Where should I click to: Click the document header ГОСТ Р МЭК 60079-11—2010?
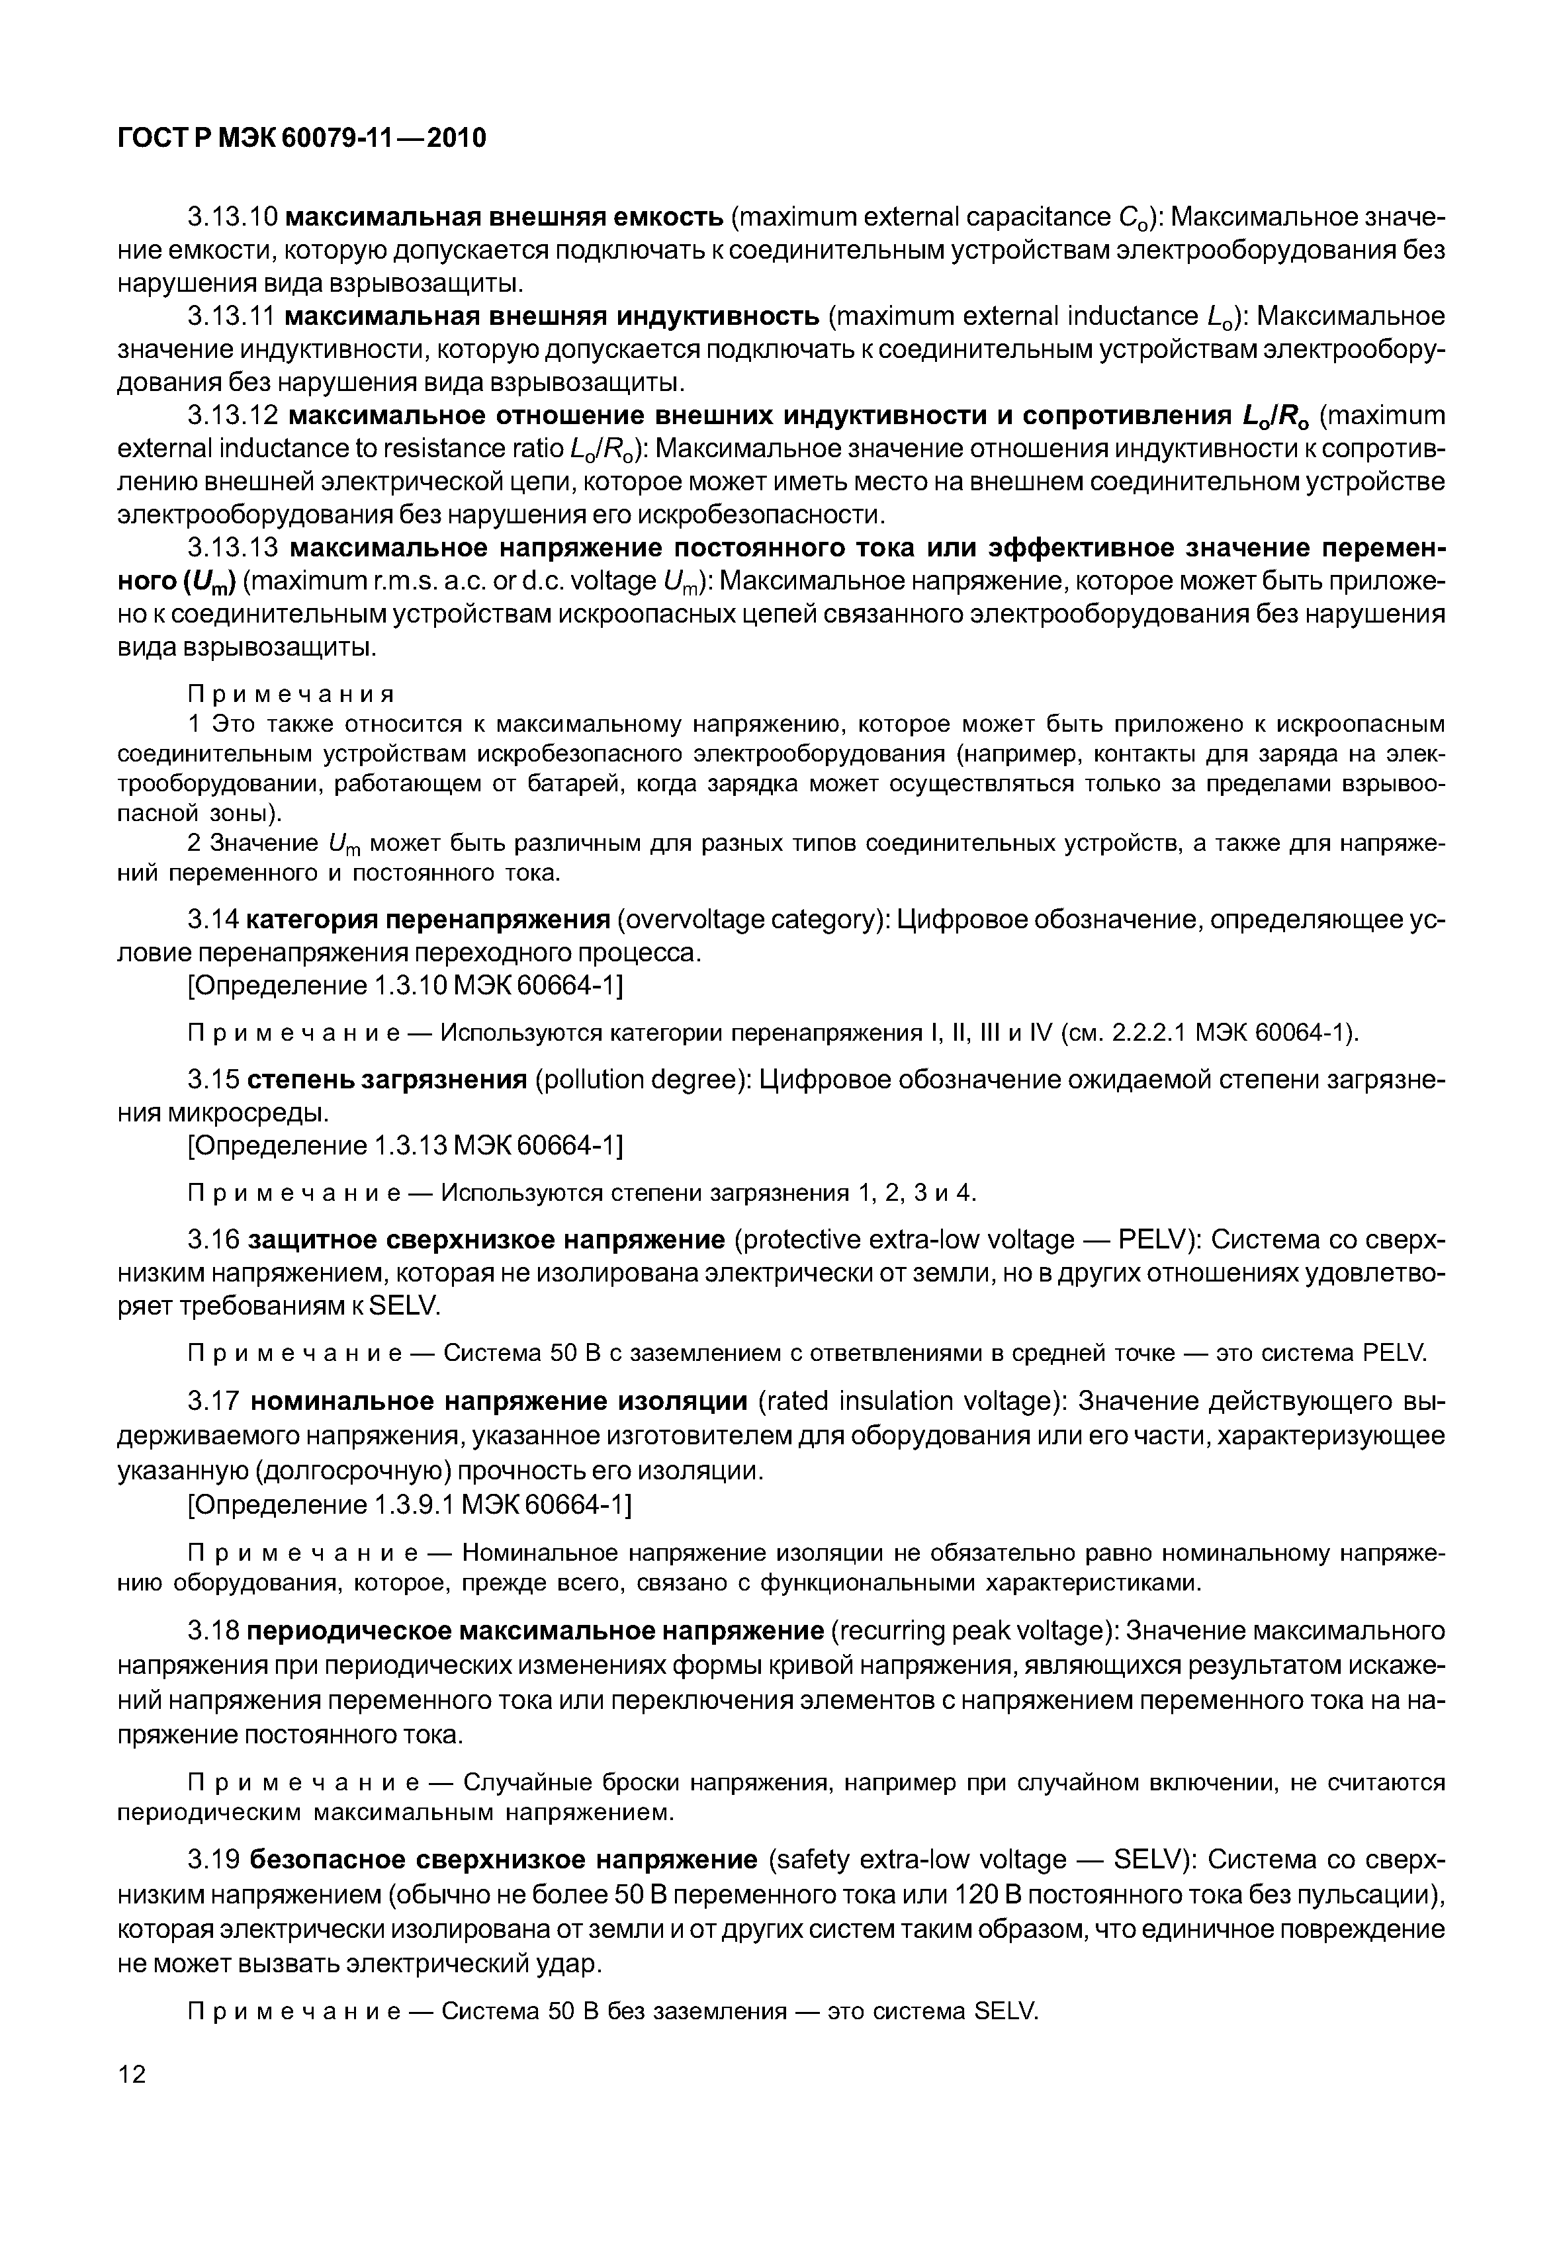point(302,139)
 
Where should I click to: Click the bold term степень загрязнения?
point(387,1080)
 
